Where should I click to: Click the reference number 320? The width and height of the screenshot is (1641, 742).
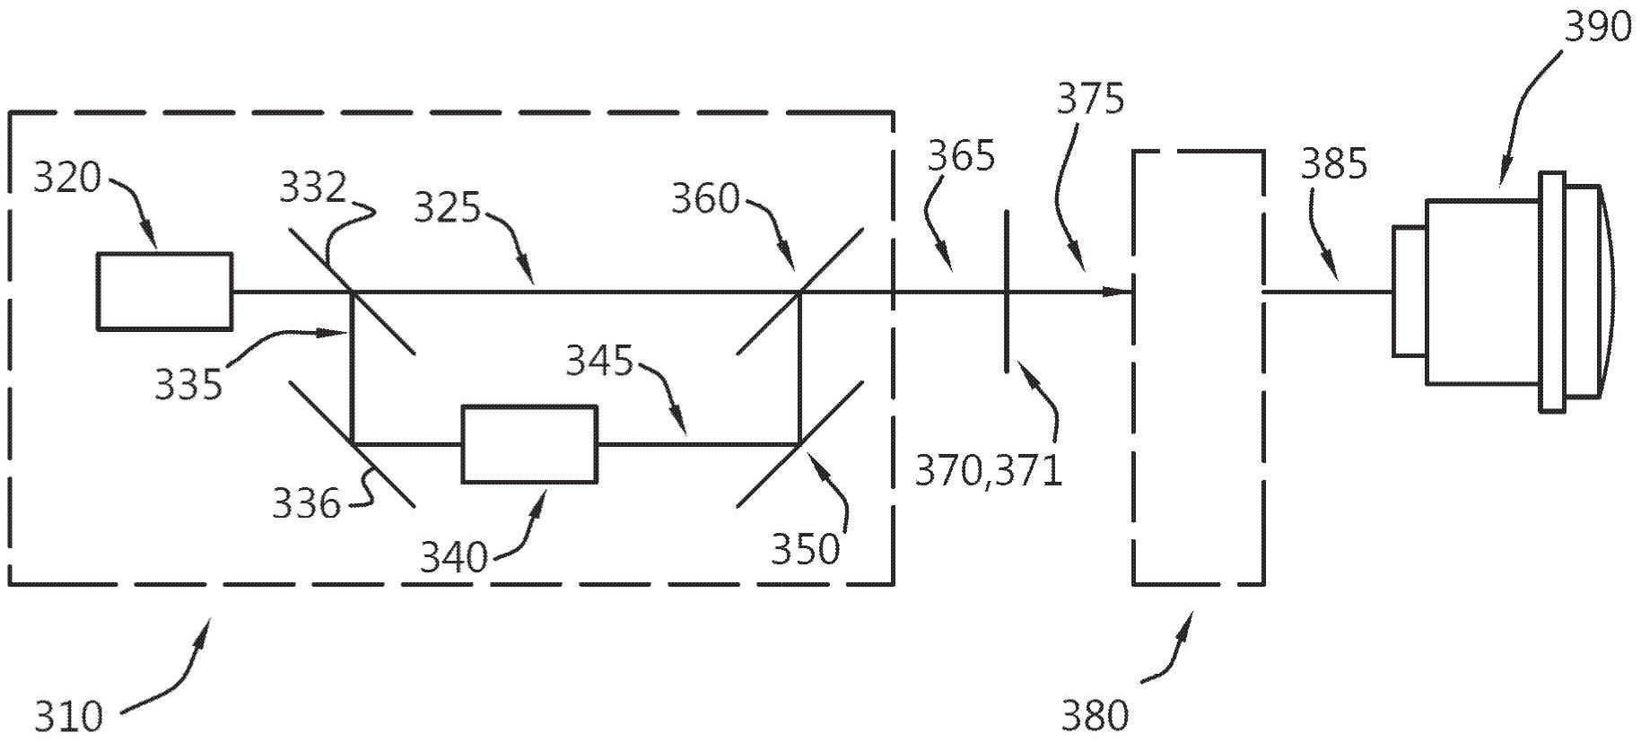point(67,179)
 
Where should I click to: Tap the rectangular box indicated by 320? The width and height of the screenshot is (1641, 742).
point(165,291)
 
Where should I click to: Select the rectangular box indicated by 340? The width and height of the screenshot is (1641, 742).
point(529,444)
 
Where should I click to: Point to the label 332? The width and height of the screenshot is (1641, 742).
point(312,188)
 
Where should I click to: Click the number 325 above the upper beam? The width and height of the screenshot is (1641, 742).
point(447,207)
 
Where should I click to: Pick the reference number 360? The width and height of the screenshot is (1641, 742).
point(705,198)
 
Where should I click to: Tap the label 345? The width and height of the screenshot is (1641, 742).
point(599,362)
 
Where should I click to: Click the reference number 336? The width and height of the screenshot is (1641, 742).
point(306,504)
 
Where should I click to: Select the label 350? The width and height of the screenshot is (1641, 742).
point(805,549)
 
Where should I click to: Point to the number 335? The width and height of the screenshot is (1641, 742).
point(188,385)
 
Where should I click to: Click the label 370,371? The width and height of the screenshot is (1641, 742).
point(988,470)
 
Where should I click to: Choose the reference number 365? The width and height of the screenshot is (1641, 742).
point(961,156)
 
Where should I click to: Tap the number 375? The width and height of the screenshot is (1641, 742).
point(1089,99)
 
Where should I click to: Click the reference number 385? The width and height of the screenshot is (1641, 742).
point(1334,164)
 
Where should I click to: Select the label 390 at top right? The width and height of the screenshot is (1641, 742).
point(1598,28)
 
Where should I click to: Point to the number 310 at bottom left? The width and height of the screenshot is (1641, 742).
point(69,717)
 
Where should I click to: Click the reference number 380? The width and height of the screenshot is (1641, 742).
point(1095,716)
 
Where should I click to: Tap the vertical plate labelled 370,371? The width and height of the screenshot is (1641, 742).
point(1007,291)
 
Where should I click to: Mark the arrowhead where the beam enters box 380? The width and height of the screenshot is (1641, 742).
point(1122,292)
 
